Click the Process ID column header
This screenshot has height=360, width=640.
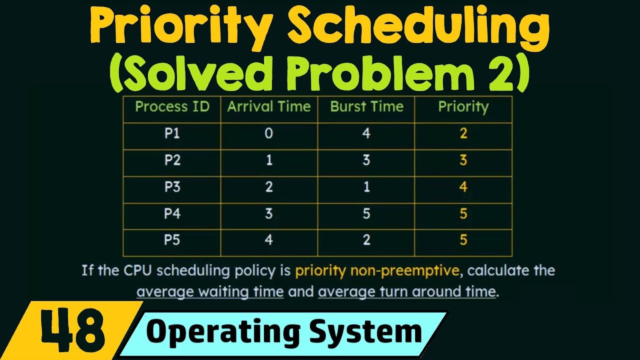pos(172,106)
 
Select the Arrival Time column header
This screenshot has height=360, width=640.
pos(269,106)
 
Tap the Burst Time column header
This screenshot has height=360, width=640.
pos(366,106)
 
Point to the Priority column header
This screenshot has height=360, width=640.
pos(463,106)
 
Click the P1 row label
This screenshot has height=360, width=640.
pos(172,133)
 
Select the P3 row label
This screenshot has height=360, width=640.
pos(172,187)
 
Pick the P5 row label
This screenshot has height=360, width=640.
pos(172,240)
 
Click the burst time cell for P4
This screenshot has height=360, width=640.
pos(366,213)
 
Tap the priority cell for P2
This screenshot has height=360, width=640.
pos(463,160)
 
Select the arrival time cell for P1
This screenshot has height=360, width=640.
pos(269,133)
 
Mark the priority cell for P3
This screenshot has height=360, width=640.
pos(463,187)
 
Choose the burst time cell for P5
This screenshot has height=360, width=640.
pos(366,240)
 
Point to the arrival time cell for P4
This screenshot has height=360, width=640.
pos(269,213)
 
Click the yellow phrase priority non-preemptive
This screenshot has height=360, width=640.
pos(377,271)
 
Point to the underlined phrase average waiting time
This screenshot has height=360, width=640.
pos(210,291)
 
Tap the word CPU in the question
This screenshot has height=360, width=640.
pos(134,271)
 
